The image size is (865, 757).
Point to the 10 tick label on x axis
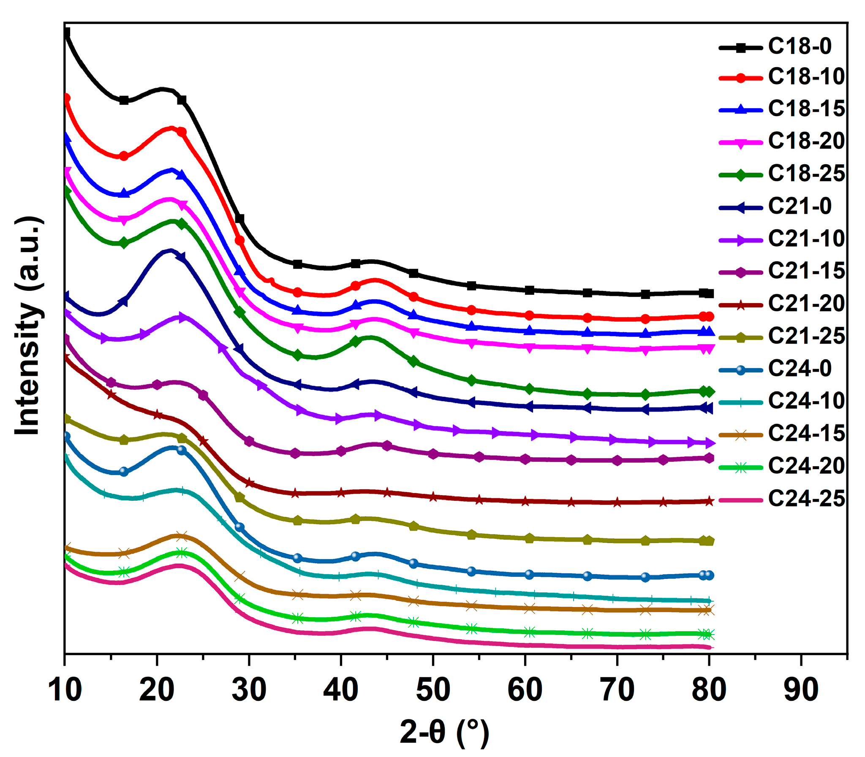pyautogui.click(x=65, y=690)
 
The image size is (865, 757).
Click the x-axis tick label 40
pyautogui.click(x=340, y=690)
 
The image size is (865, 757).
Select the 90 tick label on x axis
pyautogui.click(x=801, y=690)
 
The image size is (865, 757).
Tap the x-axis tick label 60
pyautogui.click(x=525, y=690)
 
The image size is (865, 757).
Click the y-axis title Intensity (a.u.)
pyautogui.click(x=29, y=325)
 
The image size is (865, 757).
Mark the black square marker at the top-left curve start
pyautogui.click(x=66, y=32)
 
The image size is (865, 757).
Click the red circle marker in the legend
pyautogui.click(x=740, y=78)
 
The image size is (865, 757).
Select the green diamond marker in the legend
pyautogui.click(x=740, y=174)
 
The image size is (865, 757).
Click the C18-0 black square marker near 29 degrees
pyautogui.click(x=239, y=218)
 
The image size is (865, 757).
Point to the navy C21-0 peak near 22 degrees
pyautogui.click(x=171, y=250)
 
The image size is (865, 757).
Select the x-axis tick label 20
pyautogui.click(x=157, y=690)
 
